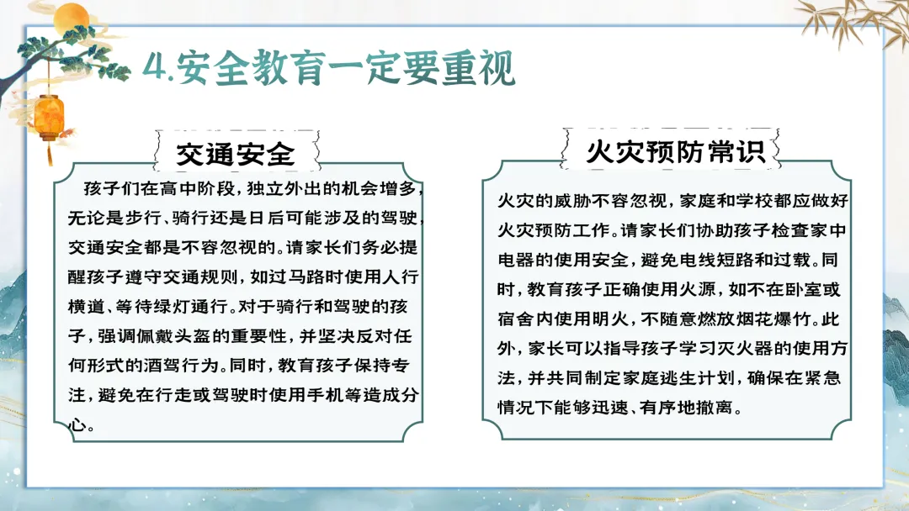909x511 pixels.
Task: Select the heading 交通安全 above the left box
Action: tap(236, 154)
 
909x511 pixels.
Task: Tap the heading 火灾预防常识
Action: tap(675, 151)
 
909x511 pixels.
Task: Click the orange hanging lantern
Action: tap(49, 118)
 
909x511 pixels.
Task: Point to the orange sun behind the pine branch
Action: tap(71, 18)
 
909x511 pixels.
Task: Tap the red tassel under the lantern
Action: tap(50, 153)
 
